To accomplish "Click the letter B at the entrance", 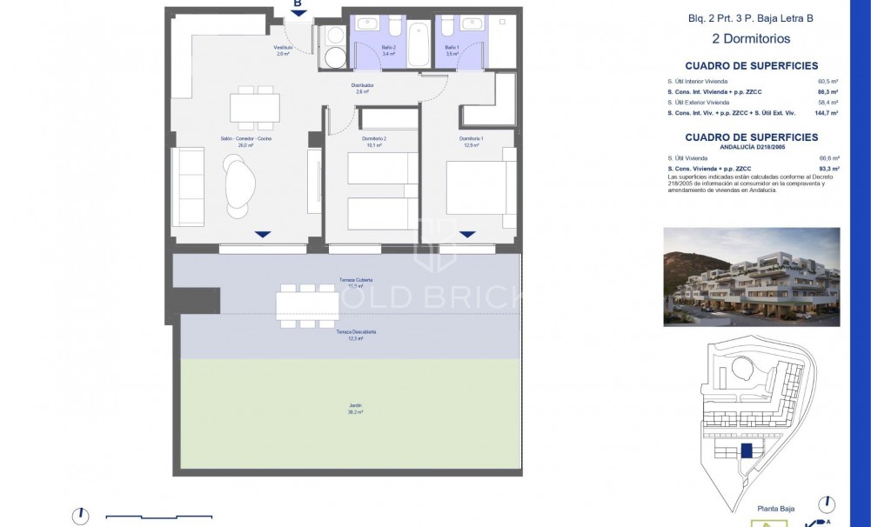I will (x=298, y=4).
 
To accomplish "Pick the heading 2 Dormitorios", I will (x=751, y=38).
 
